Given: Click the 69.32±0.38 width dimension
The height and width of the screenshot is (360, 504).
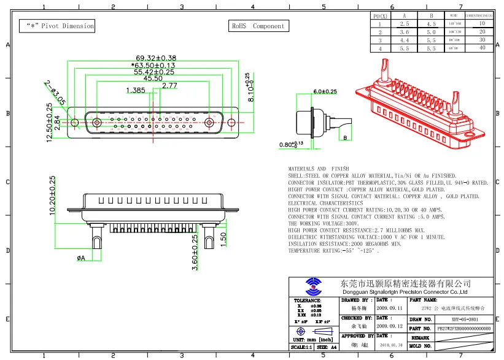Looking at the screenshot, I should (150, 58).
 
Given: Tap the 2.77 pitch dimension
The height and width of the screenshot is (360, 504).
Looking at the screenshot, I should (169, 86).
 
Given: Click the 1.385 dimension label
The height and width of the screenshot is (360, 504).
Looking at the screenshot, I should (135, 91).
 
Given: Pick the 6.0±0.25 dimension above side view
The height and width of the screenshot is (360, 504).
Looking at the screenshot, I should (325, 91).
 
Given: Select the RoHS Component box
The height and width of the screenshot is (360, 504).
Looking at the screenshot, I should (258, 26).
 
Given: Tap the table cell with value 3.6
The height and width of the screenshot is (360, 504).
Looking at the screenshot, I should (403, 31).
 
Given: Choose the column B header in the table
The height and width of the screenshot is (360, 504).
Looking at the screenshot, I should (432, 15).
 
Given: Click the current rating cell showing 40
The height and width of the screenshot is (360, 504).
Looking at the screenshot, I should (482, 47).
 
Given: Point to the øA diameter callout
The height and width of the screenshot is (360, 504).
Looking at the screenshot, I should (81, 258).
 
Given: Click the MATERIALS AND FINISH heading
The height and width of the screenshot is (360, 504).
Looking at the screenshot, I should (319, 169).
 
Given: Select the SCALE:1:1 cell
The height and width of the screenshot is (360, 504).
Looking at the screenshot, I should (301, 347).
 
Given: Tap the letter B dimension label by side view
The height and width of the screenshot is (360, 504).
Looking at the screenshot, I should (345, 138).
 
